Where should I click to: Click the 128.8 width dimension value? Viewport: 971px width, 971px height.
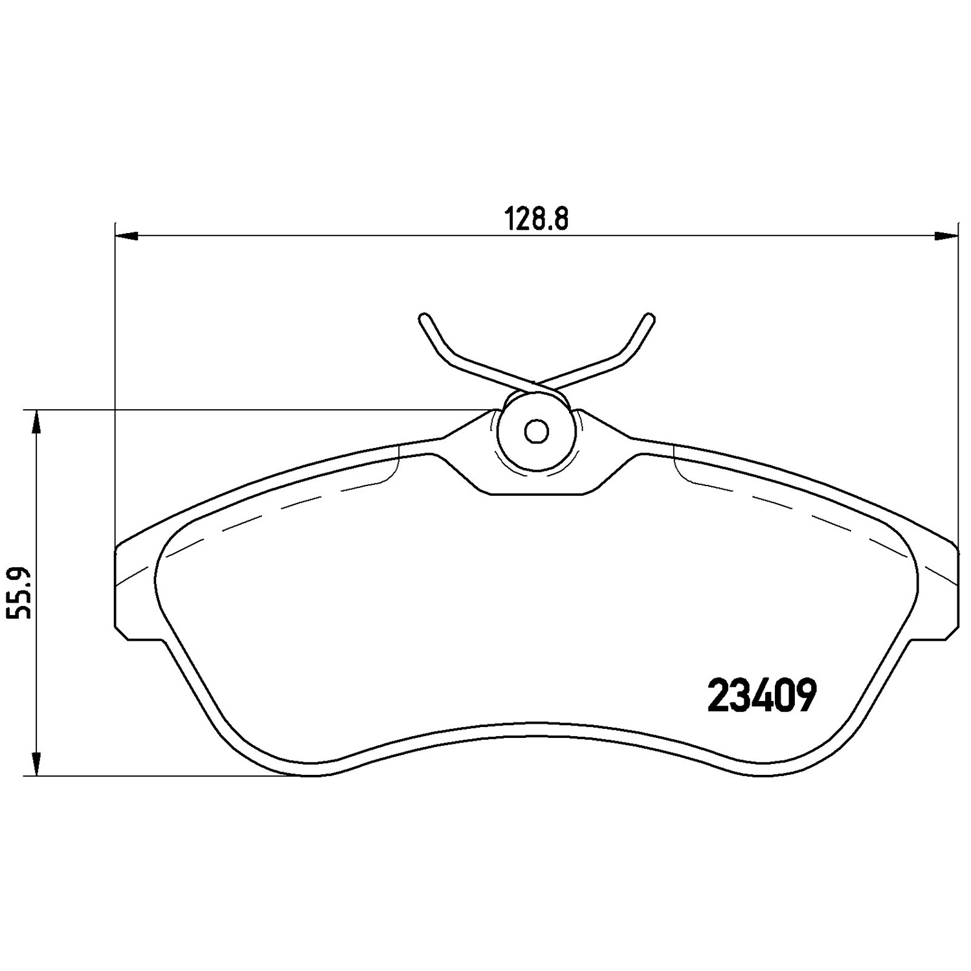pyautogui.click(x=537, y=219)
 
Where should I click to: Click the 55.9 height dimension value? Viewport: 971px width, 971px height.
pyautogui.click(x=20, y=593)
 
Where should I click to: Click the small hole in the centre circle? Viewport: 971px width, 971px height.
pyautogui.click(x=535, y=431)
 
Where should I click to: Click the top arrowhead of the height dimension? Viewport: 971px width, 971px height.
pyautogui.click(x=37, y=422)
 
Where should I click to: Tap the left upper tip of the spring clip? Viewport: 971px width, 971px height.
pyautogui.click(x=425, y=318)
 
